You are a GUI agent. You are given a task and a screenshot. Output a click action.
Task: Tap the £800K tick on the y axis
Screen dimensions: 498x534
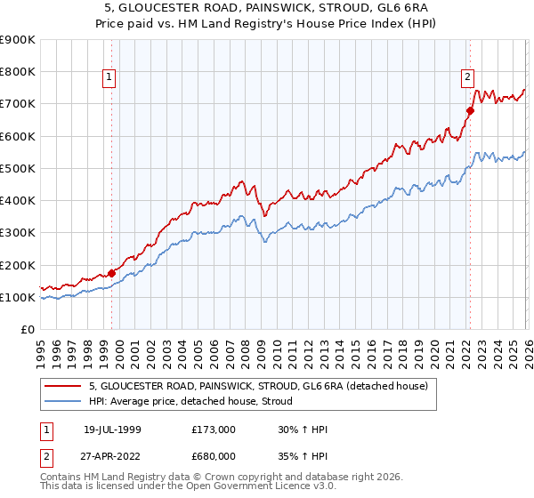(x=18, y=72)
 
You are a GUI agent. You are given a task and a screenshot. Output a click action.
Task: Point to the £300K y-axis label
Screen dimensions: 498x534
(x=18, y=233)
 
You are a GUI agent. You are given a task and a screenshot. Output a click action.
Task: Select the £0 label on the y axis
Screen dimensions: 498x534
(x=28, y=330)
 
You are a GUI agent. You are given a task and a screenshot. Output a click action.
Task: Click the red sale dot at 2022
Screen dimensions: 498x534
(x=470, y=110)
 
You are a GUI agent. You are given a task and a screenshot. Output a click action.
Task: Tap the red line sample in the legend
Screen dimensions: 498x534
(x=64, y=386)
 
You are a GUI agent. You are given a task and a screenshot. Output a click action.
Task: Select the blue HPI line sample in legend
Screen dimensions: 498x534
(x=64, y=402)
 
